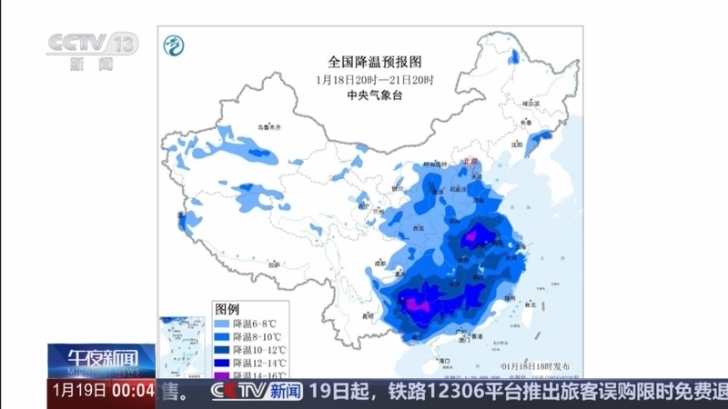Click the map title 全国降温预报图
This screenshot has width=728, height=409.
click(x=375, y=62)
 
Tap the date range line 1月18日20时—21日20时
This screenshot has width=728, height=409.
click(x=375, y=79)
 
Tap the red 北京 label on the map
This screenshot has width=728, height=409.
click(x=470, y=161)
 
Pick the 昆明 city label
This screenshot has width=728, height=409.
click(x=368, y=315)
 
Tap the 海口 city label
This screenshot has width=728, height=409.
click(x=445, y=360)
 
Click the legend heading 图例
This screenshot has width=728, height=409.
click(x=227, y=309)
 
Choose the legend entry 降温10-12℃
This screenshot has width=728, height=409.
click(x=260, y=350)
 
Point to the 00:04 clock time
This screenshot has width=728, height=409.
click(x=133, y=392)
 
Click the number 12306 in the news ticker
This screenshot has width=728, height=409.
click(x=480, y=392)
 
